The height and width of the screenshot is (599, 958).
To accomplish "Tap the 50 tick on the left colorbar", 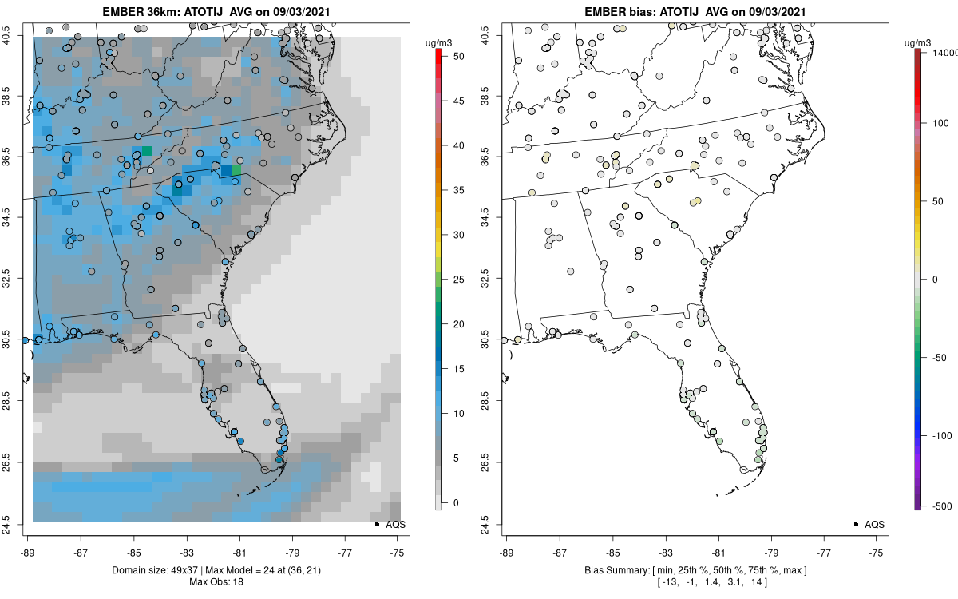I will [x=454, y=57].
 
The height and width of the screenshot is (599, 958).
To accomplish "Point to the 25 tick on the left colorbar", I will [x=454, y=280].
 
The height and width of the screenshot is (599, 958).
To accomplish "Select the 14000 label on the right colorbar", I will [x=945, y=52].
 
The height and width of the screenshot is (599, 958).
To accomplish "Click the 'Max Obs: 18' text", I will [x=216, y=581].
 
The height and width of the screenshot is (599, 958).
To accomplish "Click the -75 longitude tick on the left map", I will [x=398, y=552].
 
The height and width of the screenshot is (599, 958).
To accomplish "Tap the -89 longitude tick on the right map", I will [x=507, y=552].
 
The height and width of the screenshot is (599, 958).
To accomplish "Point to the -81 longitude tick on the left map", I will [x=239, y=552].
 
